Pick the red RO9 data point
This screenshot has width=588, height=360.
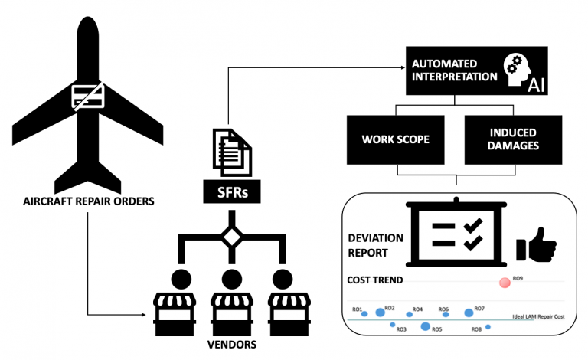coord(505,283)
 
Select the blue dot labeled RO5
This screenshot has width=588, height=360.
coord(426,327)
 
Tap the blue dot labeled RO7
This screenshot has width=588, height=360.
coord(469,313)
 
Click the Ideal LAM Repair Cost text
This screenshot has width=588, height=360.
coord(537,317)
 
